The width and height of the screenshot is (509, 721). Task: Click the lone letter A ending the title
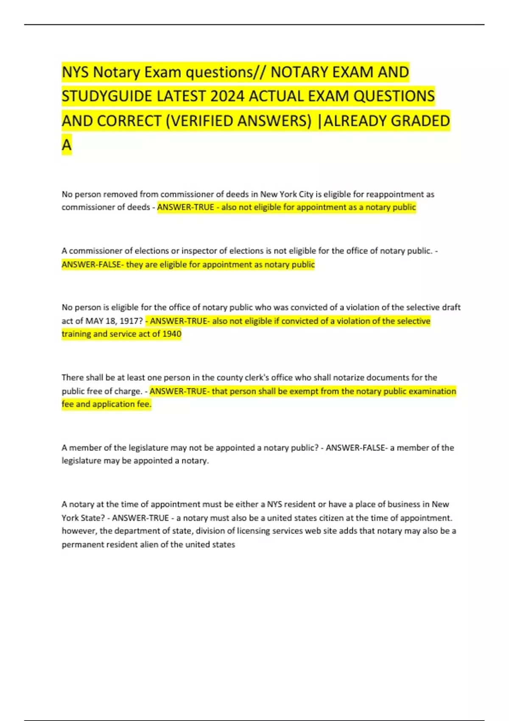pos(67,145)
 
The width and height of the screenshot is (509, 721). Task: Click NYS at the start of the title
pos(75,72)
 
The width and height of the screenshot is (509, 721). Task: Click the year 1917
pos(131,321)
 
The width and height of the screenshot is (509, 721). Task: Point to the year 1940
pos(172,334)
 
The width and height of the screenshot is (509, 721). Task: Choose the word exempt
pos(304,391)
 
